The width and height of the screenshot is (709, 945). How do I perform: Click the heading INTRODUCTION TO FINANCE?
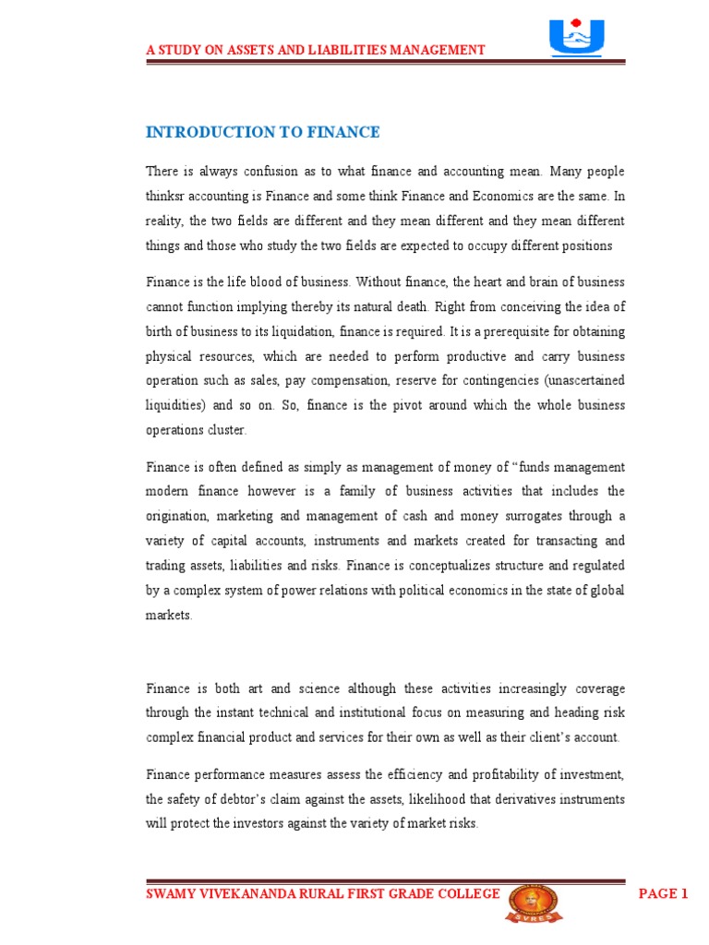coord(263,132)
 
